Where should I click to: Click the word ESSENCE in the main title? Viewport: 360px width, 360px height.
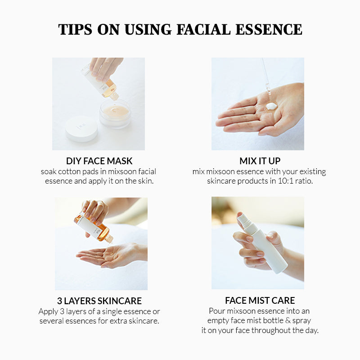(x=269, y=29)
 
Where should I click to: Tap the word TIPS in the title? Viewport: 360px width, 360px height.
(x=75, y=29)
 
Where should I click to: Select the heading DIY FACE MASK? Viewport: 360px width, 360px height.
(x=99, y=161)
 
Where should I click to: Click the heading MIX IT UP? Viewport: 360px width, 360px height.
(x=260, y=161)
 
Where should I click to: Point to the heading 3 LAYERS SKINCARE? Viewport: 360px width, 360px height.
(x=99, y=301)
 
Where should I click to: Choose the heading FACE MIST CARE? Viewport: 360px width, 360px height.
(x=260, y=300)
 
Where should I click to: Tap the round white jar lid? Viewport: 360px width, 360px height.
(x=81, y=129)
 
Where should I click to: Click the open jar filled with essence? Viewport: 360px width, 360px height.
(x=116, y=114)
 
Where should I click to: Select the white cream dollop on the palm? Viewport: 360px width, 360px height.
(x=271, y=106)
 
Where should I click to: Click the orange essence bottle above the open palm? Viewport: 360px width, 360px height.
(x=94, y=228)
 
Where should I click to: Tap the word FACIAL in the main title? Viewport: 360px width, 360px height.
(x=203, y=29)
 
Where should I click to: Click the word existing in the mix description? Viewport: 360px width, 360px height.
(x=313, y=172)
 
